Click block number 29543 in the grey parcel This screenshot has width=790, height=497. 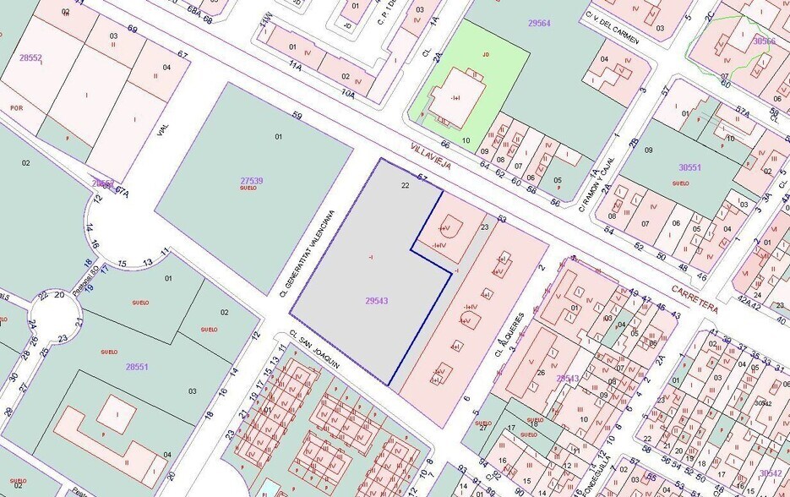[377, 301]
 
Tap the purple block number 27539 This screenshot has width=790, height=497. [252, 180]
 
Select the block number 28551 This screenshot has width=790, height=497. [136, 367]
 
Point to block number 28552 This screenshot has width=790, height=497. [30, 57]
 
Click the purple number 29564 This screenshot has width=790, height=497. [539, 23]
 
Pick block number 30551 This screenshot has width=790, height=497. [689, 167]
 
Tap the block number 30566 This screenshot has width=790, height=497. [764, 41]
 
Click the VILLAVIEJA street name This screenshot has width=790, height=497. [431, 156]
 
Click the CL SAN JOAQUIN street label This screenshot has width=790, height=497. [314, 349]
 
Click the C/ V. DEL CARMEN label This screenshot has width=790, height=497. [612, 27]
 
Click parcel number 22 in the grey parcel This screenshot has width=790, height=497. [406, 184]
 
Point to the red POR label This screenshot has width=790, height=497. [16, 108]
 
